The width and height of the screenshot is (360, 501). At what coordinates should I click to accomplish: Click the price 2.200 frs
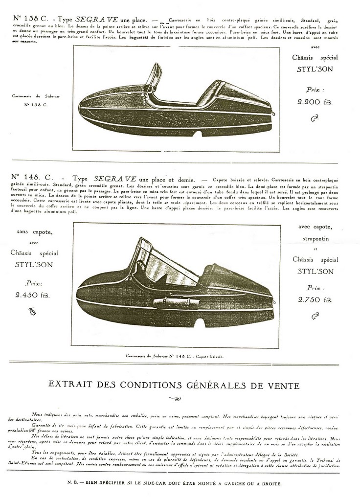(x=315, y=102)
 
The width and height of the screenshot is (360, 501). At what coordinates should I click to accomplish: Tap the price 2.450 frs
(x=32, y=295)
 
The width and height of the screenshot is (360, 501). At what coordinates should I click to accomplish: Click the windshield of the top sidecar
(x=155, y=78)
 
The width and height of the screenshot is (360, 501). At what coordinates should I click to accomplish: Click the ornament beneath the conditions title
(x=174, y=399)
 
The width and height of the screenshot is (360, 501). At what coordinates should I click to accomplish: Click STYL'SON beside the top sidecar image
(x=315, y=69)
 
